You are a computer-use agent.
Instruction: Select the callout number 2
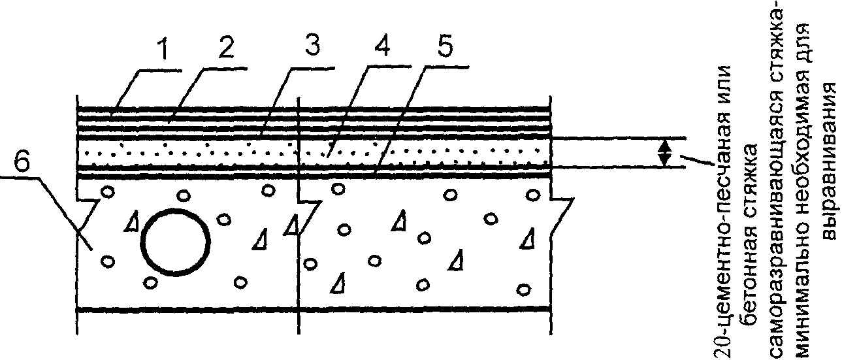(x=225, y=46)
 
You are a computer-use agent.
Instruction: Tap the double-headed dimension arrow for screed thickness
(x=664, y=153)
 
